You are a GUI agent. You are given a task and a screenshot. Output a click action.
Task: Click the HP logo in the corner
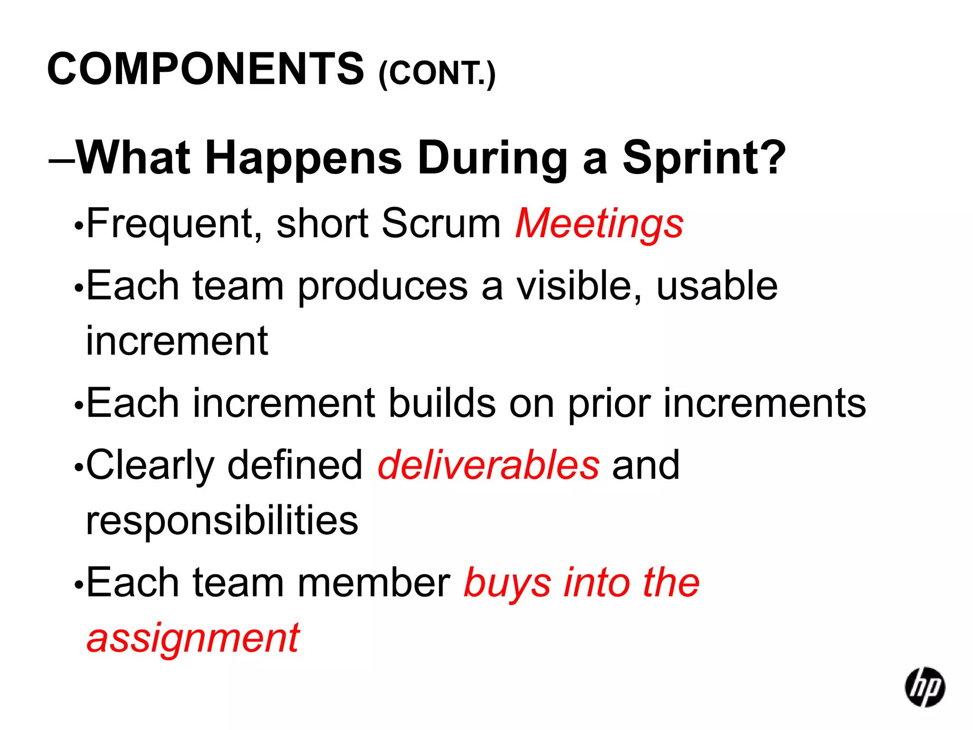tap(925, 687)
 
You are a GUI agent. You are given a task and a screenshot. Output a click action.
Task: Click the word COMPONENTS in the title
tap(205, 69)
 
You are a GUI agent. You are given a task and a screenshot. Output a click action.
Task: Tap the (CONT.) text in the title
tap(437, 74)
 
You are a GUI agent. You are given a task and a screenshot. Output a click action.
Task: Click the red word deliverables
tap(488, 465)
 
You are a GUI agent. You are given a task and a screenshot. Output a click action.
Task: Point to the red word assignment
tap(193, 638)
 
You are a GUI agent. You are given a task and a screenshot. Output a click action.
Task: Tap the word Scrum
tap(441, 223)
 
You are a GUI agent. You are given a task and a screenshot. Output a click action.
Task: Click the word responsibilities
tap(222, 520)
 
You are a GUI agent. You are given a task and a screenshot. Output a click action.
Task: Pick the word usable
tap(716, 286)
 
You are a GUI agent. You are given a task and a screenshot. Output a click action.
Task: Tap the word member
tap(374, 583)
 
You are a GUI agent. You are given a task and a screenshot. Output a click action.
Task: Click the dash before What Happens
tap(61, 162)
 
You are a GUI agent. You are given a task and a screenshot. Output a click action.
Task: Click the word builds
tap(442, 403)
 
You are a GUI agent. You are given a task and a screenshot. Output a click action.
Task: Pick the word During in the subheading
tap(492, 158)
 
